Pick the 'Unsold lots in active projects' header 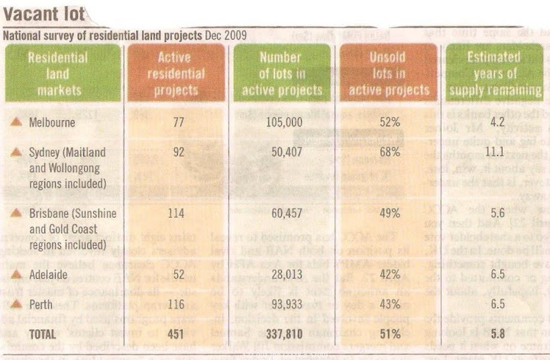click(390, 73)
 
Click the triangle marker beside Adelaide click(15, 293)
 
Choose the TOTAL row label click(43, 334)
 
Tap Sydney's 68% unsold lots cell click(390, 153)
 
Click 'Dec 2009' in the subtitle click(225, 34)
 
